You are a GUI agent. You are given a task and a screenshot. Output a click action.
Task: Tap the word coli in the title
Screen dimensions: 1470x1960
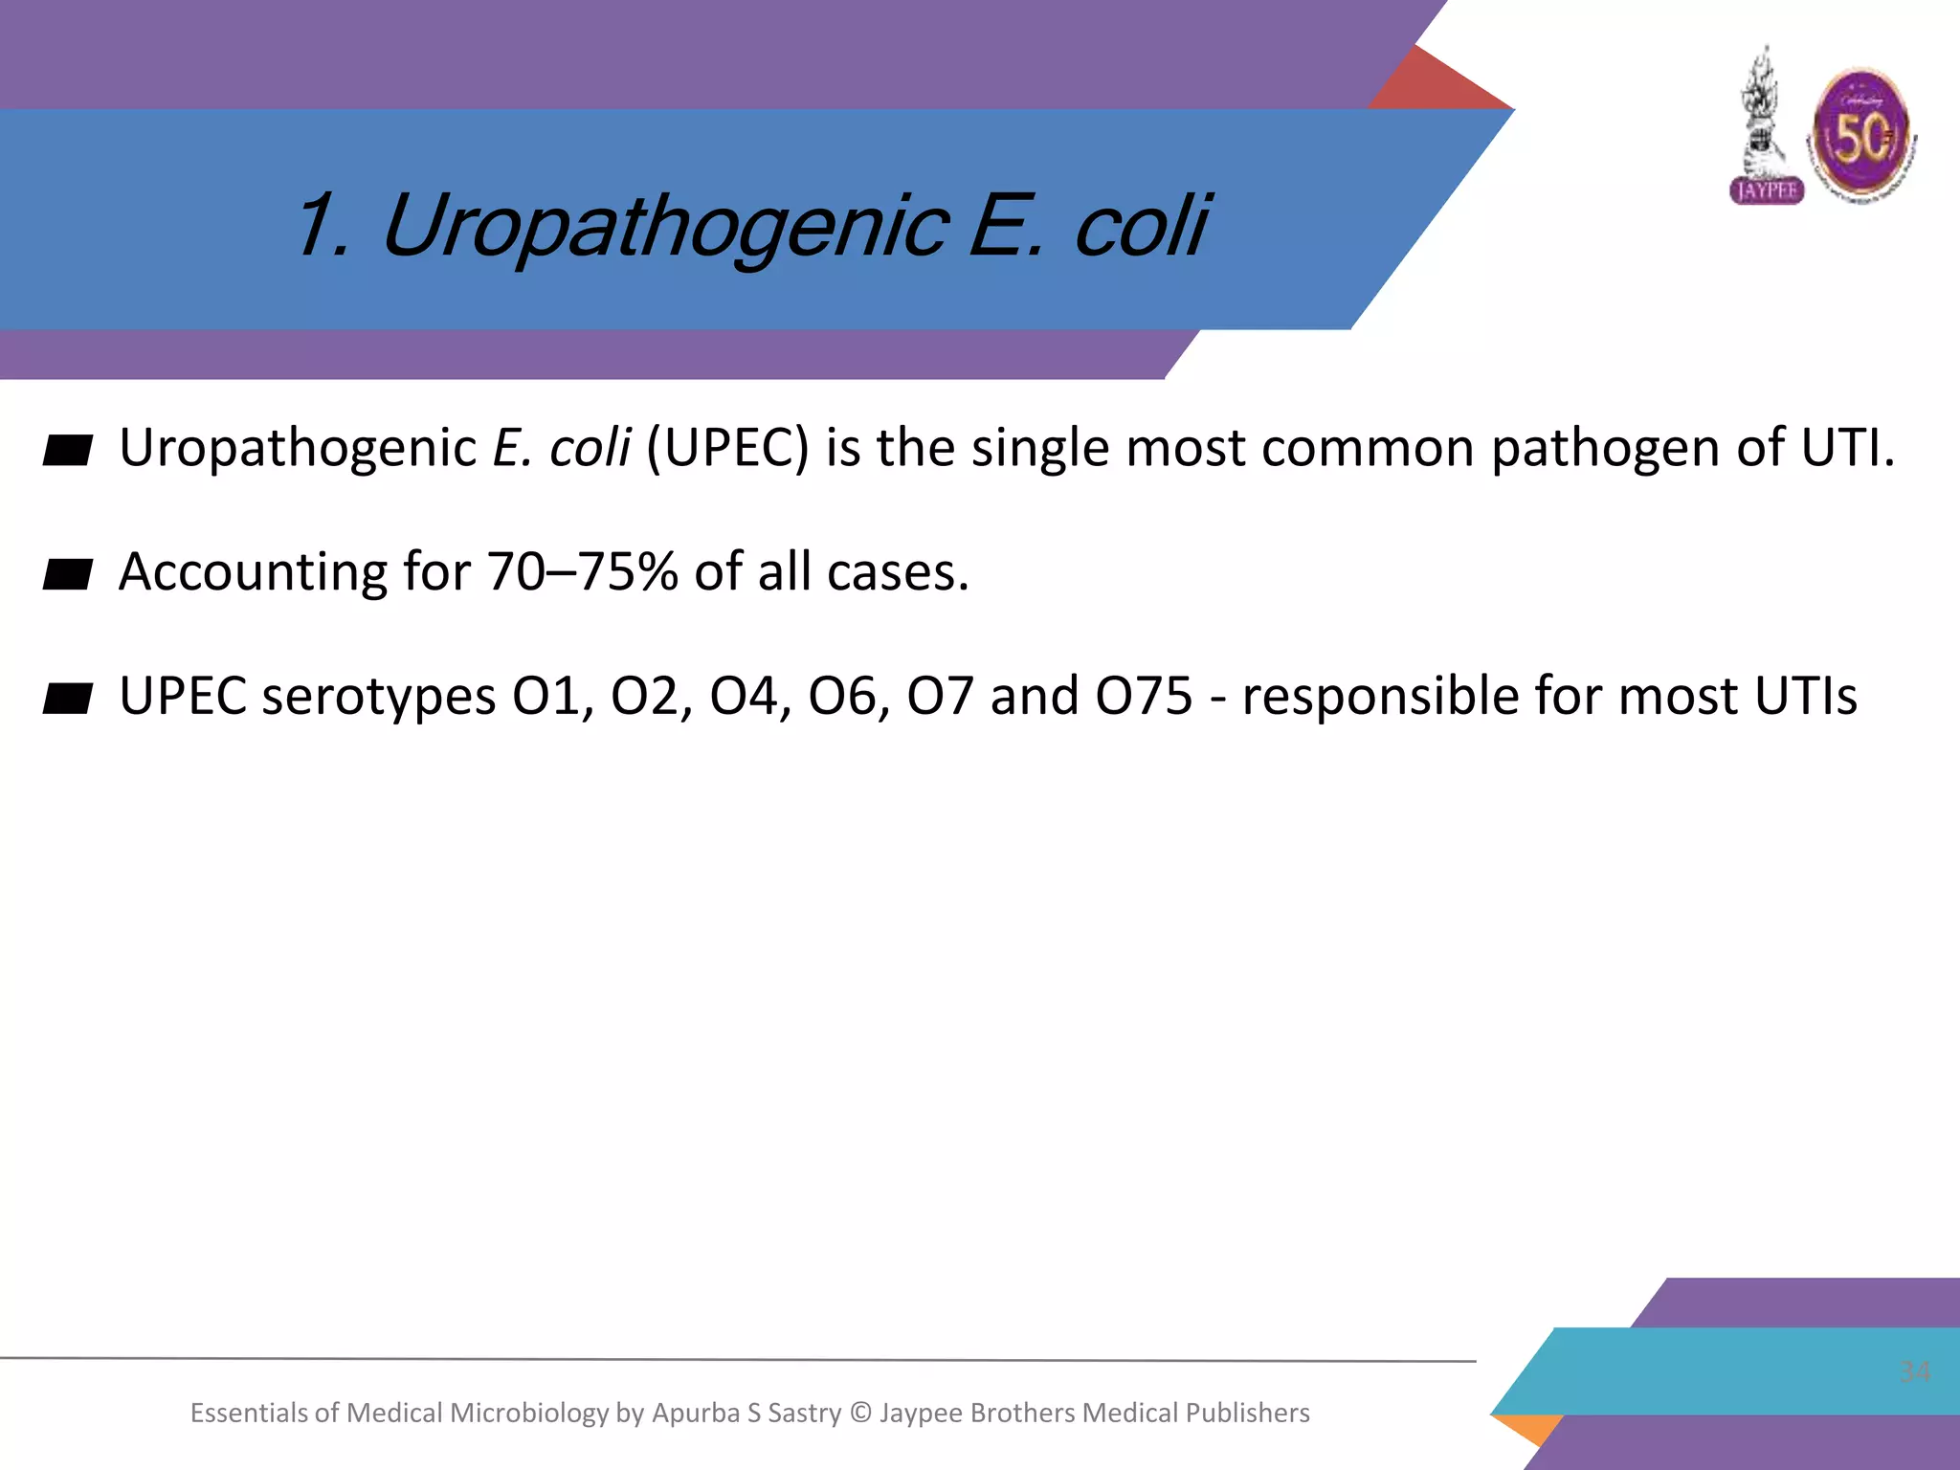tap(1141, 228)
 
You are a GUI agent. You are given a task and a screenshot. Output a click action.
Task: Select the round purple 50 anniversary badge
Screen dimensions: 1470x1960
tap(1861, 136)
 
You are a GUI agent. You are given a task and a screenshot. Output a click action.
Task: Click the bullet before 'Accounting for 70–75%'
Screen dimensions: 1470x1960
tap(68, 574)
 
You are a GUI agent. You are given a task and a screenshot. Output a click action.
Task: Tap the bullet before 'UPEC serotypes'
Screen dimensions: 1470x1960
tap(68, 699)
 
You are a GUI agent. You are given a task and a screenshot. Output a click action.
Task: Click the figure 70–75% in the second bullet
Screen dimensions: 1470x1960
tap(583, 572)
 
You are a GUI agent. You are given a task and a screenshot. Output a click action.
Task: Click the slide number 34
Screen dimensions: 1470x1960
tap(1914, 1371)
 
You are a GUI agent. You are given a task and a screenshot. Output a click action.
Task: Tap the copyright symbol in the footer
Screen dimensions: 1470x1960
tap(860, 1414)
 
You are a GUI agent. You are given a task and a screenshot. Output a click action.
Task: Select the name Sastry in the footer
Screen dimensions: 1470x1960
tap(804, 1414)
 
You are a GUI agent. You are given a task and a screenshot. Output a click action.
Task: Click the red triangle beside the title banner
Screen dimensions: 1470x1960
tap(1440, 81)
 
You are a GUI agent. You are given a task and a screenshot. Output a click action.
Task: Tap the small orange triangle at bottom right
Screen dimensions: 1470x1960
tap(1528, 1429)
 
